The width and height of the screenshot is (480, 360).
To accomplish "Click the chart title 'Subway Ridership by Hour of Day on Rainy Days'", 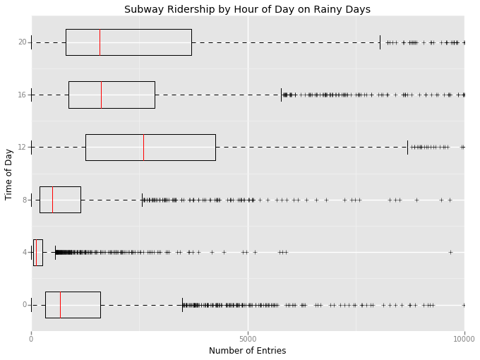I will pos(247,9).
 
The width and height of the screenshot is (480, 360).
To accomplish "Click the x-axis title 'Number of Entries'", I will pos(247,351).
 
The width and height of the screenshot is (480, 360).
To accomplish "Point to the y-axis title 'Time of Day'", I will pos(9,174).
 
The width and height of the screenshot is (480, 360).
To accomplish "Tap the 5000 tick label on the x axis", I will pos(248,339).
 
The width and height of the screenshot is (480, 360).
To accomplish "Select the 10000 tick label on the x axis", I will pos(464,339).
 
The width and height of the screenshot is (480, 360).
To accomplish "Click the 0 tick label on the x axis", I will pos(31,339).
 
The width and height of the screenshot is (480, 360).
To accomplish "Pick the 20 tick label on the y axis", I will pos(23,42).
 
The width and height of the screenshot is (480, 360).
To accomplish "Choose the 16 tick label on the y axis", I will pos(23,95).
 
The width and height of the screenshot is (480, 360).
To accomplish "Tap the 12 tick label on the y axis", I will pos(23,147).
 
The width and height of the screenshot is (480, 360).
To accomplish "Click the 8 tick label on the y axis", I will pos(24,200).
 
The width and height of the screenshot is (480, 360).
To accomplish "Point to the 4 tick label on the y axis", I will pos(24,252).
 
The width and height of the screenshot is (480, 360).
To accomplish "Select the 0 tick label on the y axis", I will pos(24,305).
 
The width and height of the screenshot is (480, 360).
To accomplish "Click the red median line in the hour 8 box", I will pos(52,200).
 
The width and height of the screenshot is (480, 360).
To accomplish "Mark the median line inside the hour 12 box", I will pos(143,147).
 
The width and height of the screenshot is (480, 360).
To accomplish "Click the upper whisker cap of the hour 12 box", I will pos(407,147).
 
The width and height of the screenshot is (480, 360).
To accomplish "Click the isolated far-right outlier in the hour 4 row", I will pos(450,252).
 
